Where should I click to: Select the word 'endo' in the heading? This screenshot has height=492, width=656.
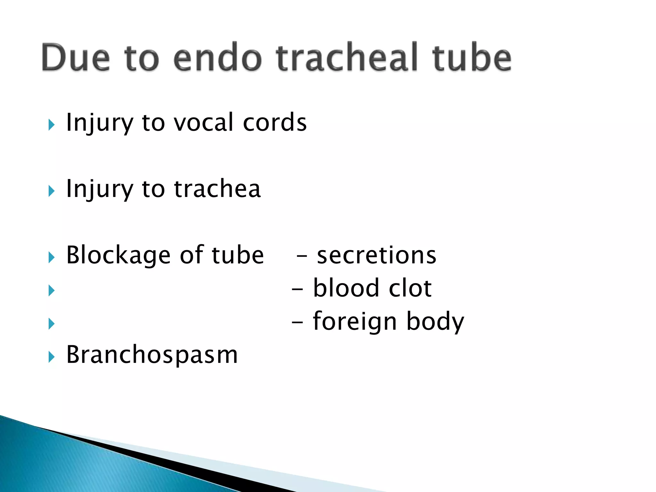217,58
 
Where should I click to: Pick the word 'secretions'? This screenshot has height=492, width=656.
376,255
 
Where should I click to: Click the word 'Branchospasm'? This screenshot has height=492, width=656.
152,355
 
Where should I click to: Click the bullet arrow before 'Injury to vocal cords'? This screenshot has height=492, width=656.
51,125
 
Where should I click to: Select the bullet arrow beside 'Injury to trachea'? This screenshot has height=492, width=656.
51,191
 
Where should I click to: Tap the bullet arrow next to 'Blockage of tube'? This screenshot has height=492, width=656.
51,257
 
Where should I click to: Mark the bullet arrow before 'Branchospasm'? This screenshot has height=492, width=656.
51,357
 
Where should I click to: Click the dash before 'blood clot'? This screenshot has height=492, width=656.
297,289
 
